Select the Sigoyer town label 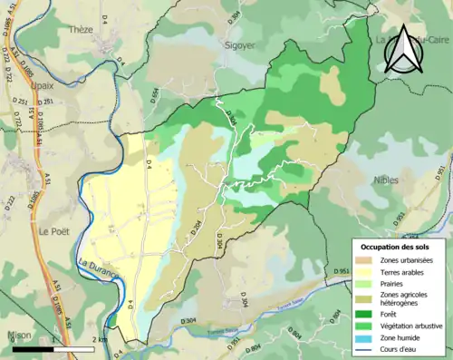(239, 44)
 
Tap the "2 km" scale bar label (101, 339)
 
